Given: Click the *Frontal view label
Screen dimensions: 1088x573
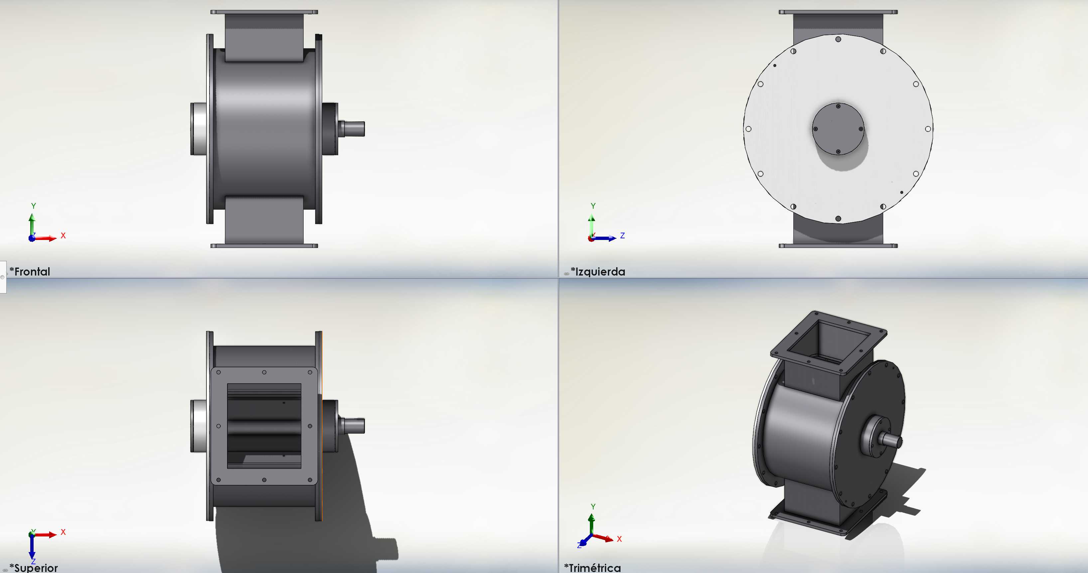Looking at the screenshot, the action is (30, 272).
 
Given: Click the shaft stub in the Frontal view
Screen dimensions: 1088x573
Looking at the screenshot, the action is (352, 128).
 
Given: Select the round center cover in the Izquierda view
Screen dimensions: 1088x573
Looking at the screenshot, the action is (838, 129).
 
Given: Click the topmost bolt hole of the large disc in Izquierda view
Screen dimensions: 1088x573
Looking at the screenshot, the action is (838, 39).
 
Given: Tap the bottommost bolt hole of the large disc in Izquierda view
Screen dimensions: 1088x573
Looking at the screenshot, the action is (838, 219).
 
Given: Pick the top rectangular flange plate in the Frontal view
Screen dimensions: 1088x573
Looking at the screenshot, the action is (264, 12).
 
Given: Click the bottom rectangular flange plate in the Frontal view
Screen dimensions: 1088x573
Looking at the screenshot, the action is (264, 246).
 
